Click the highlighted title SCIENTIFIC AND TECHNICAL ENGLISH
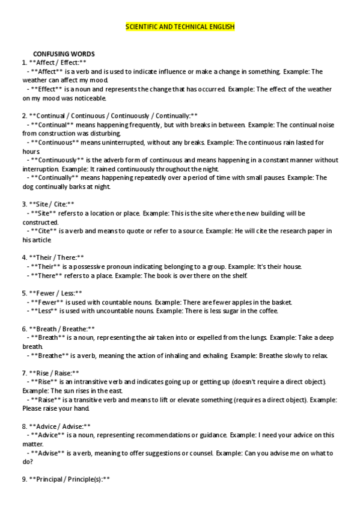click(x=180, y=28)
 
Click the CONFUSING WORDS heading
click(x=64, y=54)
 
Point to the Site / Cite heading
click(x=48, y=204)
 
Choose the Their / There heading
click(x=53, y=257)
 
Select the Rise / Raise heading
click(x=50, y=373)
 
